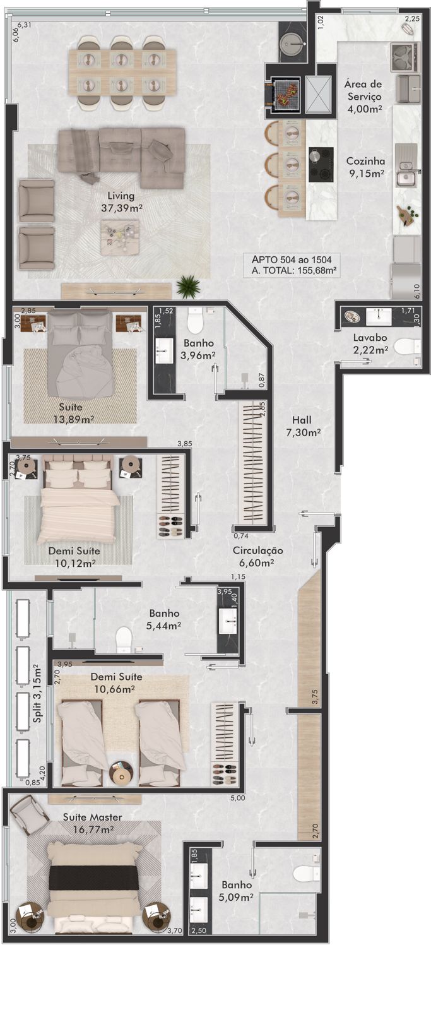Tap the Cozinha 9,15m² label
[365, 167]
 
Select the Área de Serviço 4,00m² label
[363, 96]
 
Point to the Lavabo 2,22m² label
[370, 343]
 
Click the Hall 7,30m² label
[303, 426]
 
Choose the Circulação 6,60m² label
[257, 556]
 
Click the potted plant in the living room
[188, 286]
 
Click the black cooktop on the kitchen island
[321, 165]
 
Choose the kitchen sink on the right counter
[405, 177]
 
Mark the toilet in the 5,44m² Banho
[124, 639]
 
